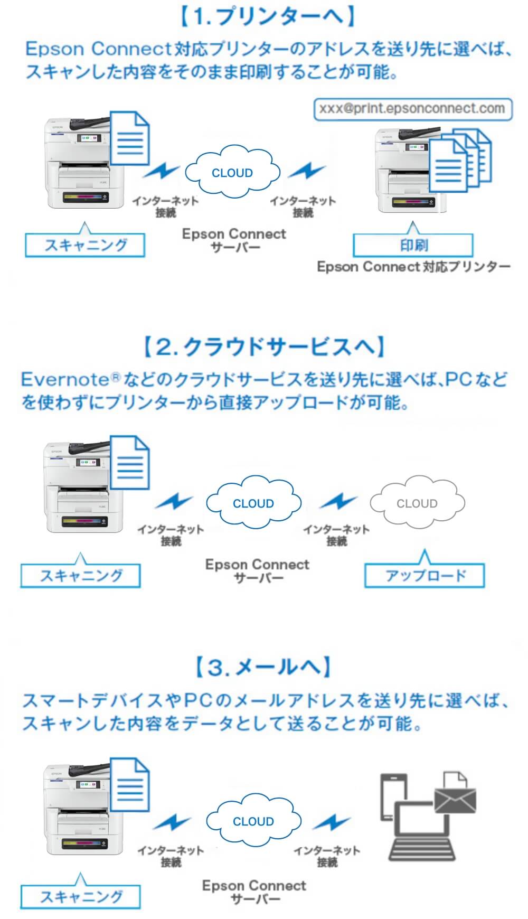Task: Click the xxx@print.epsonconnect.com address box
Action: click(412, 109)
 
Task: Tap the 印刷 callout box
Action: click(413, 246)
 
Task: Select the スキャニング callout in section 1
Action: click(85, 246)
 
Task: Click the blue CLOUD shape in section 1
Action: click(232, 173)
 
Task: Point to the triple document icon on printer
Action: click(459, 161)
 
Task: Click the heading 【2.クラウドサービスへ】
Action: click(263, 347)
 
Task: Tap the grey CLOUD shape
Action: click(417, 503)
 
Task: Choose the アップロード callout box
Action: click(425, 576)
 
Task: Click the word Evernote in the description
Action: click(64, 379)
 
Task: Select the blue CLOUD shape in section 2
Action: click(253, 503)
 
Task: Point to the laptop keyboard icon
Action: click(422, 848)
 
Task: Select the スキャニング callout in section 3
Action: click(81, 896)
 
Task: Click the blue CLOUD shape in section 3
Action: click(253, 821)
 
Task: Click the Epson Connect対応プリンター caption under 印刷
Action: click(413, 267)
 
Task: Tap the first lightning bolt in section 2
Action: click(175, 501)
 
